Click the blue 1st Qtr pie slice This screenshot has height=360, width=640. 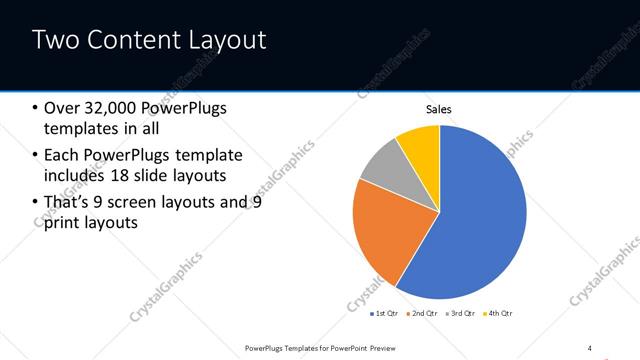pyautogui.click(x=480, y=220)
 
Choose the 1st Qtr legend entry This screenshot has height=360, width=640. pyautogui.click(x=385, y=314)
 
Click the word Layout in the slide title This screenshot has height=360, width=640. pyautogui.click(x=230, y=41)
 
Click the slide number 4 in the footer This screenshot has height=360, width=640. pyautogui.click(x=590, y=347)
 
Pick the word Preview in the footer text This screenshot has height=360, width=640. pyautogui.click(x=389, y=347)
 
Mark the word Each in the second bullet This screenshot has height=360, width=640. pyautogui.click(x=62, y=155)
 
